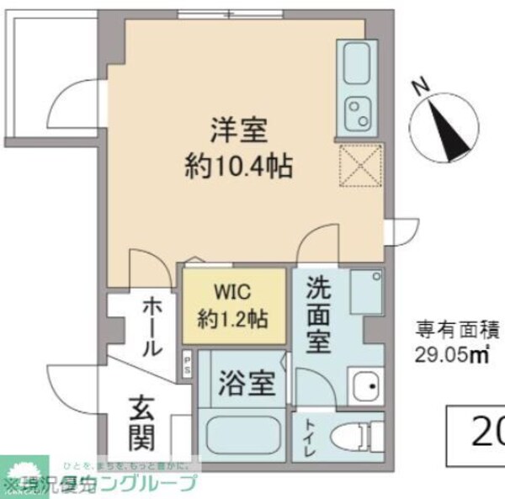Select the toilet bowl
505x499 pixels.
349,437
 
